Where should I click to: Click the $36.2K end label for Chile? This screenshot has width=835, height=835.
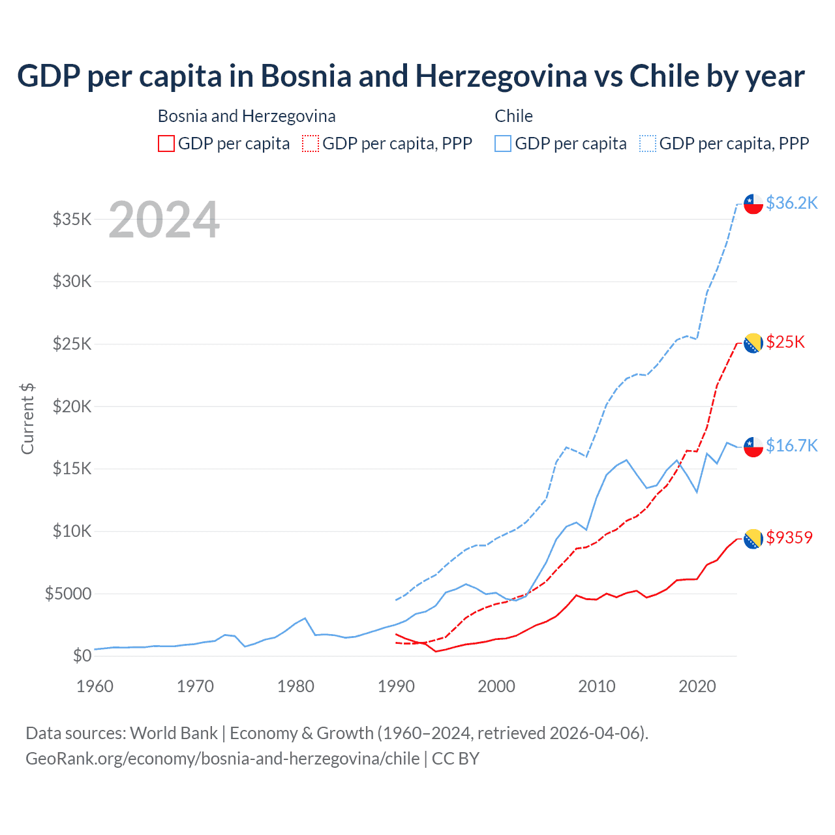(x=791, y=204)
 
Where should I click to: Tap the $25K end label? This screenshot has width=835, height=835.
(x=785, y=342)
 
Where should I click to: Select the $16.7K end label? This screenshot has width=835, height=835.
(x=791, y=446)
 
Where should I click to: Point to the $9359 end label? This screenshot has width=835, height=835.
(x=789, y=538)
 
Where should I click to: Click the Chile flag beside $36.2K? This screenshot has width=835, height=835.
(x=753, y=204)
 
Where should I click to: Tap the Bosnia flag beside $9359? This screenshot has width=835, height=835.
(x=753, y=538)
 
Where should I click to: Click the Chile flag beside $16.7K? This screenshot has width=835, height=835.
(x=753, y=447)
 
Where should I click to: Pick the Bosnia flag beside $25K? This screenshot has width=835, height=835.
(x=753, y=343)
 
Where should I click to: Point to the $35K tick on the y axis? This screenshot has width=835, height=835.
(x=72, y=219)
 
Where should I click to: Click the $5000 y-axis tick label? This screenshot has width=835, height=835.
(x=68, y=594)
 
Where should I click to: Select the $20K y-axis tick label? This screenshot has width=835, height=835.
(x=72, y=406)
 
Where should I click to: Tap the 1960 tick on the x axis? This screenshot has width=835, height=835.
(x=95, y=686)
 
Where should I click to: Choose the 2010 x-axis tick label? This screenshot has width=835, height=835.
(x=597, y=686)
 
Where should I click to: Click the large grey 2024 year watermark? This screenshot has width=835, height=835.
(x=164, y=220)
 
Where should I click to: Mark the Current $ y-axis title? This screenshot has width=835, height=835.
(x=27, y=419)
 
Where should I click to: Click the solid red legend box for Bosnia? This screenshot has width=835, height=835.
(x=166, y=144)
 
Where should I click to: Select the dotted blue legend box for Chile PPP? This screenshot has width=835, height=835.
(x=648, y=144)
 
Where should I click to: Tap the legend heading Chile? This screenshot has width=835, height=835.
(x=514, y=116)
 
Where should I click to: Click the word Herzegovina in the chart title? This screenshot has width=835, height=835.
(x=501, y=76)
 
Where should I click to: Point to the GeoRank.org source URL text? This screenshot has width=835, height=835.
(x=222, y=759)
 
